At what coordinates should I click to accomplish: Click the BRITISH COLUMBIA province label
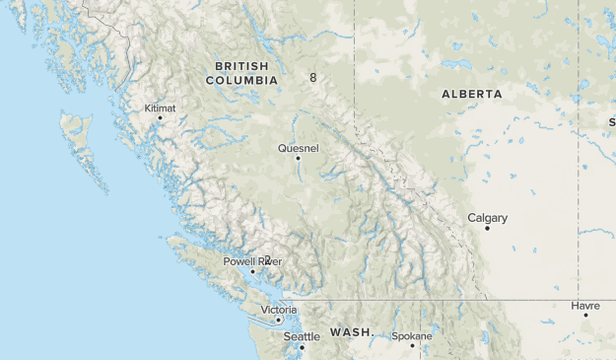click(235, 72)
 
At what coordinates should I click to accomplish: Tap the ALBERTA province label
click(471, 94)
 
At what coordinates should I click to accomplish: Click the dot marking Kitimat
click(159, 118)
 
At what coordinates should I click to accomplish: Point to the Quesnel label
click(299, 148)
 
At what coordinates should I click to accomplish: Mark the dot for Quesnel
click(299, 158)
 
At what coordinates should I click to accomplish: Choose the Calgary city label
click(487, 218)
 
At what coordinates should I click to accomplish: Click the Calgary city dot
click(487, 228)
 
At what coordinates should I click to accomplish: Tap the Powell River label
click(252, 261)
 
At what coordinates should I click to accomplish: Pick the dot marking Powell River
click(253, 271)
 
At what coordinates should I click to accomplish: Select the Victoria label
click(278, 310)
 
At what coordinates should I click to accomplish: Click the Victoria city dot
click(279, 320)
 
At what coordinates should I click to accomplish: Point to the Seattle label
click(302, 336)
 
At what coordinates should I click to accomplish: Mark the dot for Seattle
click(303, 346)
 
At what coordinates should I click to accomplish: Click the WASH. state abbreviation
click(352, 332)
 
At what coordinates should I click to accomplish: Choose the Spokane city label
click(411, 336)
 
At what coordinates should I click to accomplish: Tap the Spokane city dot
click(412, 346)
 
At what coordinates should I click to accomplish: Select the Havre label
click(584, 306)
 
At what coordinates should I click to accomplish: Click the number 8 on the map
click(312, 77)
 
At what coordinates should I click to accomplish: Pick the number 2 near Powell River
click(267, 259)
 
